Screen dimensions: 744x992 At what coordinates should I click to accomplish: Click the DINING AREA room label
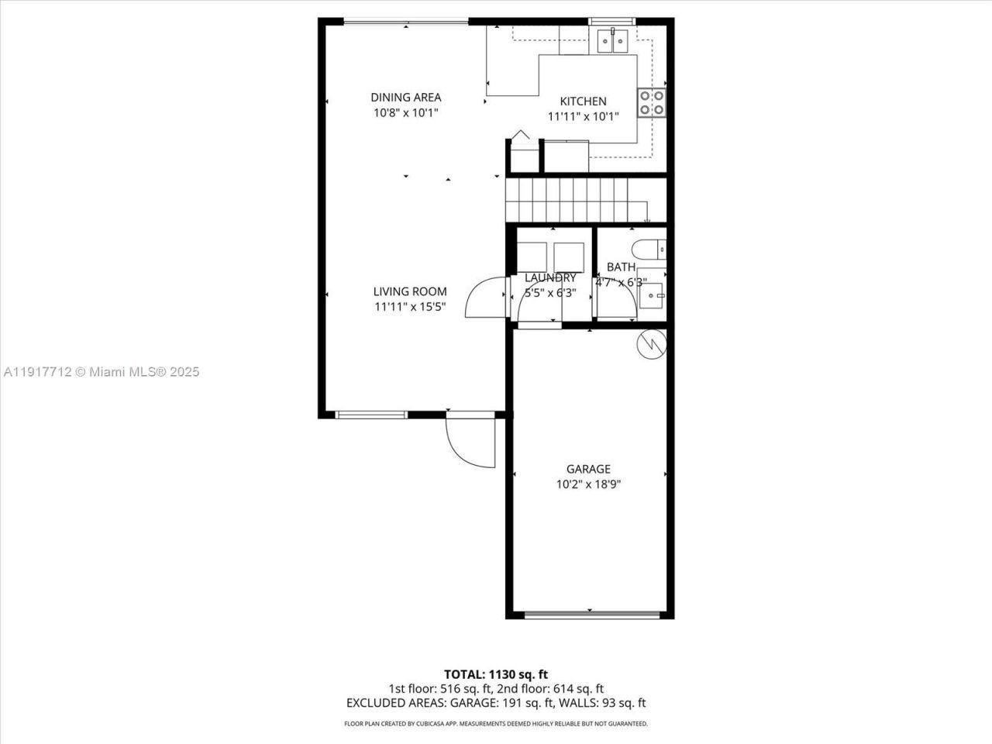405,97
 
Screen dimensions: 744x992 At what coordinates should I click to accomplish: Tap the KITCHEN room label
583,102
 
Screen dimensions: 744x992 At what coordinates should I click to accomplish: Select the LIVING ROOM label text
410,291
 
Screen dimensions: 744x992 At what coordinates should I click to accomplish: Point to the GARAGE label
588,469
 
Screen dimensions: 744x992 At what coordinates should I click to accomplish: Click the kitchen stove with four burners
651,102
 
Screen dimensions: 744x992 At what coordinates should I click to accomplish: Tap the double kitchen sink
612,41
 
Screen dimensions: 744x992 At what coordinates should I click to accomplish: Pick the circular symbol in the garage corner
651,343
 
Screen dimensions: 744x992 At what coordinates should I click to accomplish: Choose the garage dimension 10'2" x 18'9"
588,485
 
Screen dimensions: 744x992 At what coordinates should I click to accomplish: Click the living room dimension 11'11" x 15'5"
410,308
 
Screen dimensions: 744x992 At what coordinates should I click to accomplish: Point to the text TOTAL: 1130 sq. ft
495,674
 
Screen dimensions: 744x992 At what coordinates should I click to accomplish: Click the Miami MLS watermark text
101,372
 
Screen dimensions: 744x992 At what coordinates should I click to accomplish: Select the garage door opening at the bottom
592,615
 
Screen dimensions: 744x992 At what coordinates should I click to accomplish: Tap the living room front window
371,415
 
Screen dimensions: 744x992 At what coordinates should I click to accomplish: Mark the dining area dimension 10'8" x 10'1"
405,113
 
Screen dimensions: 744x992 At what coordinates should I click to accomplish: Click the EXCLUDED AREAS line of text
495,703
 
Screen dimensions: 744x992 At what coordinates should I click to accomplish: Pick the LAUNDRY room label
550,277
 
